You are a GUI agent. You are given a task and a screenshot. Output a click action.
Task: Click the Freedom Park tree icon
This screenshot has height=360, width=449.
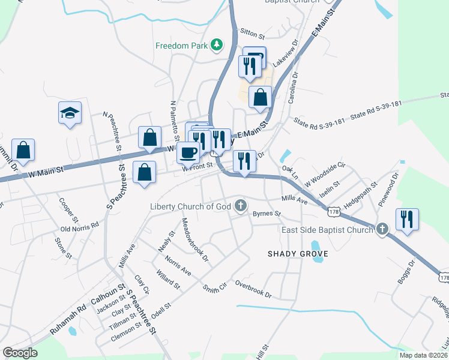click(x=216, y=46)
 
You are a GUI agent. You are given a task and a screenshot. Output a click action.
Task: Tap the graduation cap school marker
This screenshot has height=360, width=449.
click(x=70, y=113)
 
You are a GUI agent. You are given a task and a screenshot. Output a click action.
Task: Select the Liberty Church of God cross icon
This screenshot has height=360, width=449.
click(x=241, y=207)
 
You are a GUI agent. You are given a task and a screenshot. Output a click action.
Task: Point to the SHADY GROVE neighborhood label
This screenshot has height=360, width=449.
click(x=298, y=254)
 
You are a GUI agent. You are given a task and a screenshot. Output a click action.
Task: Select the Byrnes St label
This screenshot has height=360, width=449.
click(x=267, y=214)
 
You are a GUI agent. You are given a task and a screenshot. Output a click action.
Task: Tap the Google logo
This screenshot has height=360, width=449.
click(x=20, y=352)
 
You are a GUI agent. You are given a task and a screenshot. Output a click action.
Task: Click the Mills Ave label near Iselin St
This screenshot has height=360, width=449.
click(x=294, y=199)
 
